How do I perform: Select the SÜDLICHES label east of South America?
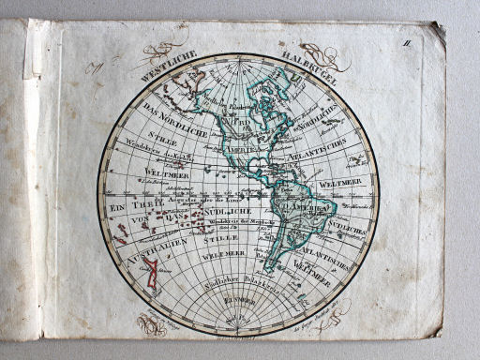350,230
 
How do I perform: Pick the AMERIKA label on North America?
242,150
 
